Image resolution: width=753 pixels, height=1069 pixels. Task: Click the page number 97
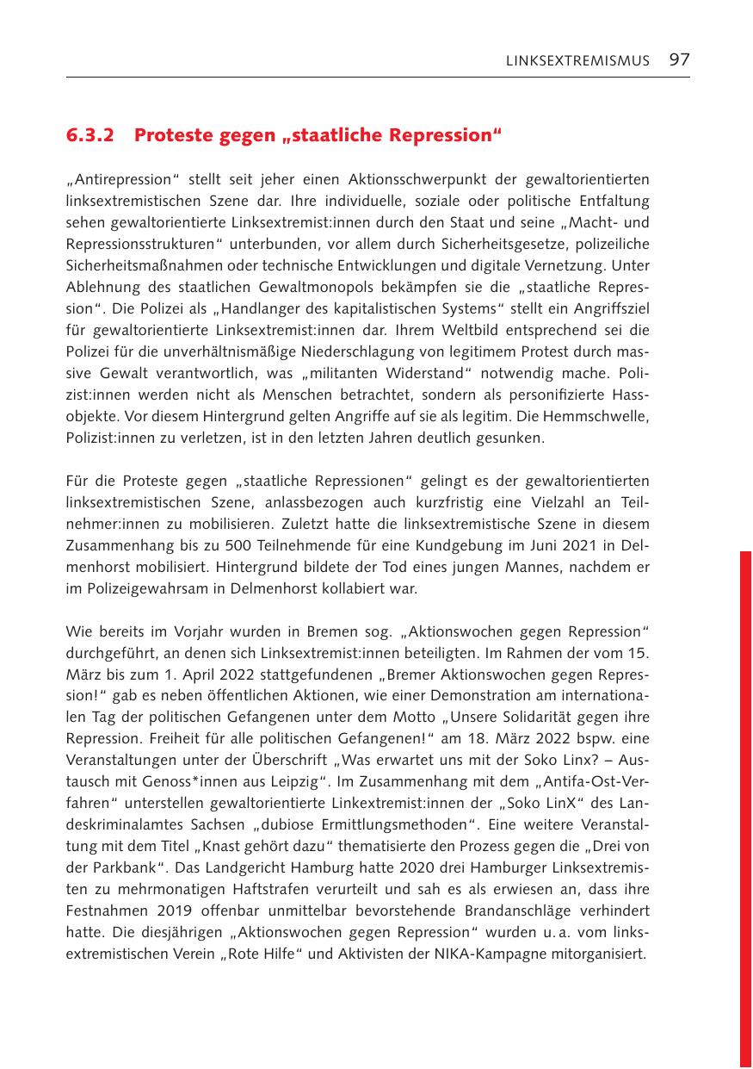tap(679, 59)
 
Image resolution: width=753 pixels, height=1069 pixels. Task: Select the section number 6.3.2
tap(90, 136)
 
